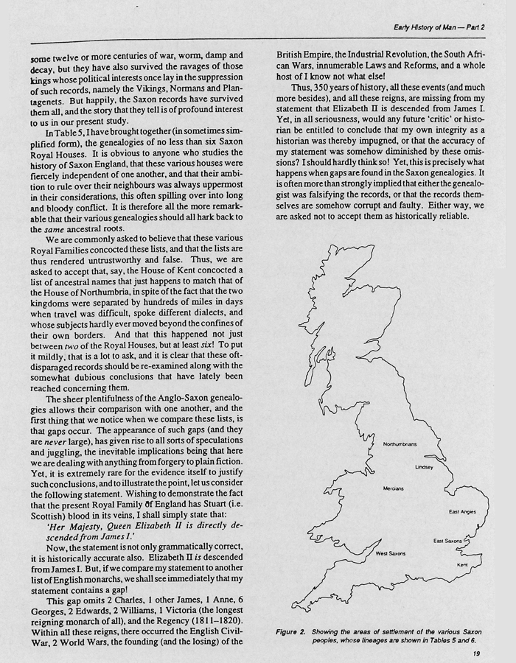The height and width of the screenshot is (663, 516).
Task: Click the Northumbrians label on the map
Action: (x=400, y=444)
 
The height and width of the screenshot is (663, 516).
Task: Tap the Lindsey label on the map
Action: (x=424, y=467)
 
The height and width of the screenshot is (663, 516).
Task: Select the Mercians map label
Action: (x=394, y=488)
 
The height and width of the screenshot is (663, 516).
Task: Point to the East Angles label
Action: (x=463, y=511)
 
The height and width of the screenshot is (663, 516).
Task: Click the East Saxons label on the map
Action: (x=447, y=541)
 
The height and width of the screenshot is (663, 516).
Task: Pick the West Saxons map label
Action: (x=391, y=552)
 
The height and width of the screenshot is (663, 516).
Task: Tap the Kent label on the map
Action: (x=462, y=565)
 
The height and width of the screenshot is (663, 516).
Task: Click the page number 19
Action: (x=467, y=651)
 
